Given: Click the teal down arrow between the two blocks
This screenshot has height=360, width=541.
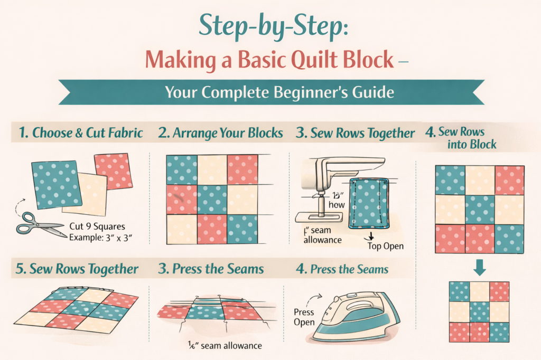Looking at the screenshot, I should [x=479, y=268].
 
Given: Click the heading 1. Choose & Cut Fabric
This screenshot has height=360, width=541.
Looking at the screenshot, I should [x=80, y=133].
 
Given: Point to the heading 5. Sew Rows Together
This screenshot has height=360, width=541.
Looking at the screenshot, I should [x=76, y=269].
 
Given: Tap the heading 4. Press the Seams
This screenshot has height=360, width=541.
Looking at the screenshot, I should [x=342, y=269].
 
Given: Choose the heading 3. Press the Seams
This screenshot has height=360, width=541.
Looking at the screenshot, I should [x=211, y=269].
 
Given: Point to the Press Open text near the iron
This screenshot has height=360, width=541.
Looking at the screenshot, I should [x=304, y=317].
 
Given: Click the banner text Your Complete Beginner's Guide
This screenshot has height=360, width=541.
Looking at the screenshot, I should [x=279, y=92].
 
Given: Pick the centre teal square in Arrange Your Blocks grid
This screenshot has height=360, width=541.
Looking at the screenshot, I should [x=212, y=200].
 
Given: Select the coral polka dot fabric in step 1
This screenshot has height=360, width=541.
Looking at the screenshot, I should [x=112, y=170].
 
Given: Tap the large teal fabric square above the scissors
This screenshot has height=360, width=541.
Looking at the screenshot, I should [x=57, y=185].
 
